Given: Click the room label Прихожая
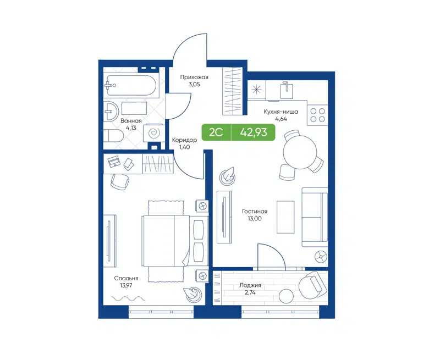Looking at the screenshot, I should (x=194, y=77).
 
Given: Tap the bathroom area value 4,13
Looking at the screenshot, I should (x=131, y=128).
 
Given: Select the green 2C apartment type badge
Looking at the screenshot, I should (x=215, y=132).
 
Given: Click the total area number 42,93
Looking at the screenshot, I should (x=252, y=132).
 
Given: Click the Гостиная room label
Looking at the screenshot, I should (x=254, y=212).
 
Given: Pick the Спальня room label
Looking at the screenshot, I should (x=127, y=279).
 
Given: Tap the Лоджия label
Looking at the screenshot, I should (x=250, y=285).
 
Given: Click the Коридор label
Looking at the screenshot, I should (x=184, y=140).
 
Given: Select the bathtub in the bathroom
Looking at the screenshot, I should (x=131, y=85).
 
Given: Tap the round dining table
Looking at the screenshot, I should (x=299, y=150).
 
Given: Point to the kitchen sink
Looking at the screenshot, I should (x=286, y=90).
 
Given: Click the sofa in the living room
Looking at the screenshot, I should (x=315, y=217).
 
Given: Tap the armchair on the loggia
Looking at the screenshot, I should (x=312, y=284).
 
